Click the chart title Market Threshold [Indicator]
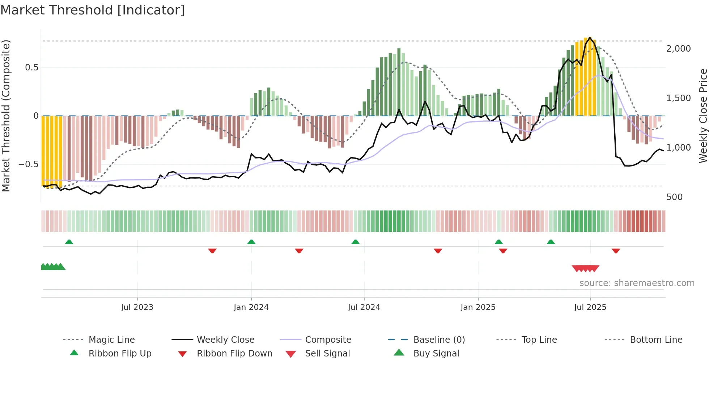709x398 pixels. coord(93,10)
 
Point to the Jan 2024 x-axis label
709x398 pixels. coord(251,307)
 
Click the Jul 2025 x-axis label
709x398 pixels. coord(590,307)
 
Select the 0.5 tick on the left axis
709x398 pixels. coord(31,68)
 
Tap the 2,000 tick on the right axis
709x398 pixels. coord(678,48)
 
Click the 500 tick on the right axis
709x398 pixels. coord(674,197)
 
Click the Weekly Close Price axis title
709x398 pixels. coord(703,116)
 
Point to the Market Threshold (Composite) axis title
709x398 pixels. coord(6,116)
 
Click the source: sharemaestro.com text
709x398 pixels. coord(637,283)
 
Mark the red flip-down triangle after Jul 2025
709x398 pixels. coord(616,251)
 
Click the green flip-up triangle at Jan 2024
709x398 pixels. coord(251,242)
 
